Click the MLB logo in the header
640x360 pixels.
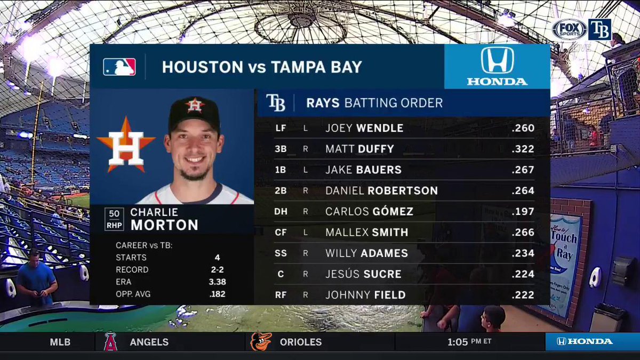coord(119,67)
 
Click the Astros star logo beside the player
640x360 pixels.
coord(126,144)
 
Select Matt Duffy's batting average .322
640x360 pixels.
coord(522,149)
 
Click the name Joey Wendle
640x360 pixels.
coord(364,129)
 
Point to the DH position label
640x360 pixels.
coord(281,212)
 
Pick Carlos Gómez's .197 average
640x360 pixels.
coord(522,212)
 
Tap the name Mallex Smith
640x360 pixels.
coord(366,233)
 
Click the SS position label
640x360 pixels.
coord(281,253)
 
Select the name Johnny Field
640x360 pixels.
coord(365,295)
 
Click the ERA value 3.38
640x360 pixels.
coord(217,282)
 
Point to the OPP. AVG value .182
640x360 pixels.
coord(217,294)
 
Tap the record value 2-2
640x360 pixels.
coord(217,269)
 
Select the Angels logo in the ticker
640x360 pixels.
coord(110,341)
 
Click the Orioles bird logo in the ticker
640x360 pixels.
coord(261,341)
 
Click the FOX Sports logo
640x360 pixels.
coord(569,30)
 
